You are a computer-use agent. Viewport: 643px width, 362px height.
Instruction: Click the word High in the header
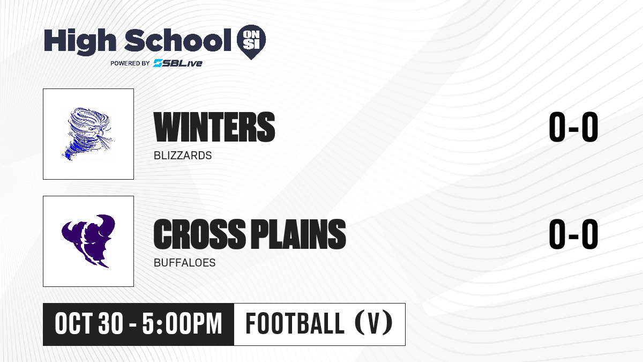click(x=80, y=42)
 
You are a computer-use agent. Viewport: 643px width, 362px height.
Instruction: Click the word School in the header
click(x=178, y=40)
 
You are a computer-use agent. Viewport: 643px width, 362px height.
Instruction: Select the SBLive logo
click(x=178, y=63)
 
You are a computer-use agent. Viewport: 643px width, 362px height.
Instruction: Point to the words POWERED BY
click(x=130, y=63)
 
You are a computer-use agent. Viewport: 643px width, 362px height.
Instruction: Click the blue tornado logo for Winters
click(x=88, y=134)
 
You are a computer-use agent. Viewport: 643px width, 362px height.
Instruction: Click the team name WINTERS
click(x=214, y=127)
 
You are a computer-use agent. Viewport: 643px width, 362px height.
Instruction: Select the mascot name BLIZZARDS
click(x=183, y=156)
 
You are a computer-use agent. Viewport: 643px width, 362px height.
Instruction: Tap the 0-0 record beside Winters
click(x=573, y=127)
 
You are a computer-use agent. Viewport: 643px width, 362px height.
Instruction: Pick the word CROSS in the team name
click(x=199, y=234)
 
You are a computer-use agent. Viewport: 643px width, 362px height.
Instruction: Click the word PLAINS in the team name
click(x=298, y=234)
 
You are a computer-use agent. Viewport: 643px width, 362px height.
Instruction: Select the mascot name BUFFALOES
click(x=184, y=263)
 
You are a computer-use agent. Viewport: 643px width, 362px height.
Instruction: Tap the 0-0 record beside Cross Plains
click(x=573, y=234)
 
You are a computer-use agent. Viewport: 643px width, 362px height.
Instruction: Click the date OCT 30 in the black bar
click(x=89, y=324)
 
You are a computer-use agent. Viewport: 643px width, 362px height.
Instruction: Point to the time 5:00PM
click(x=182, y=324)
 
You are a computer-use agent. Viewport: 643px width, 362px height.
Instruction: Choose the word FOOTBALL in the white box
click(x=295, y=323)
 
